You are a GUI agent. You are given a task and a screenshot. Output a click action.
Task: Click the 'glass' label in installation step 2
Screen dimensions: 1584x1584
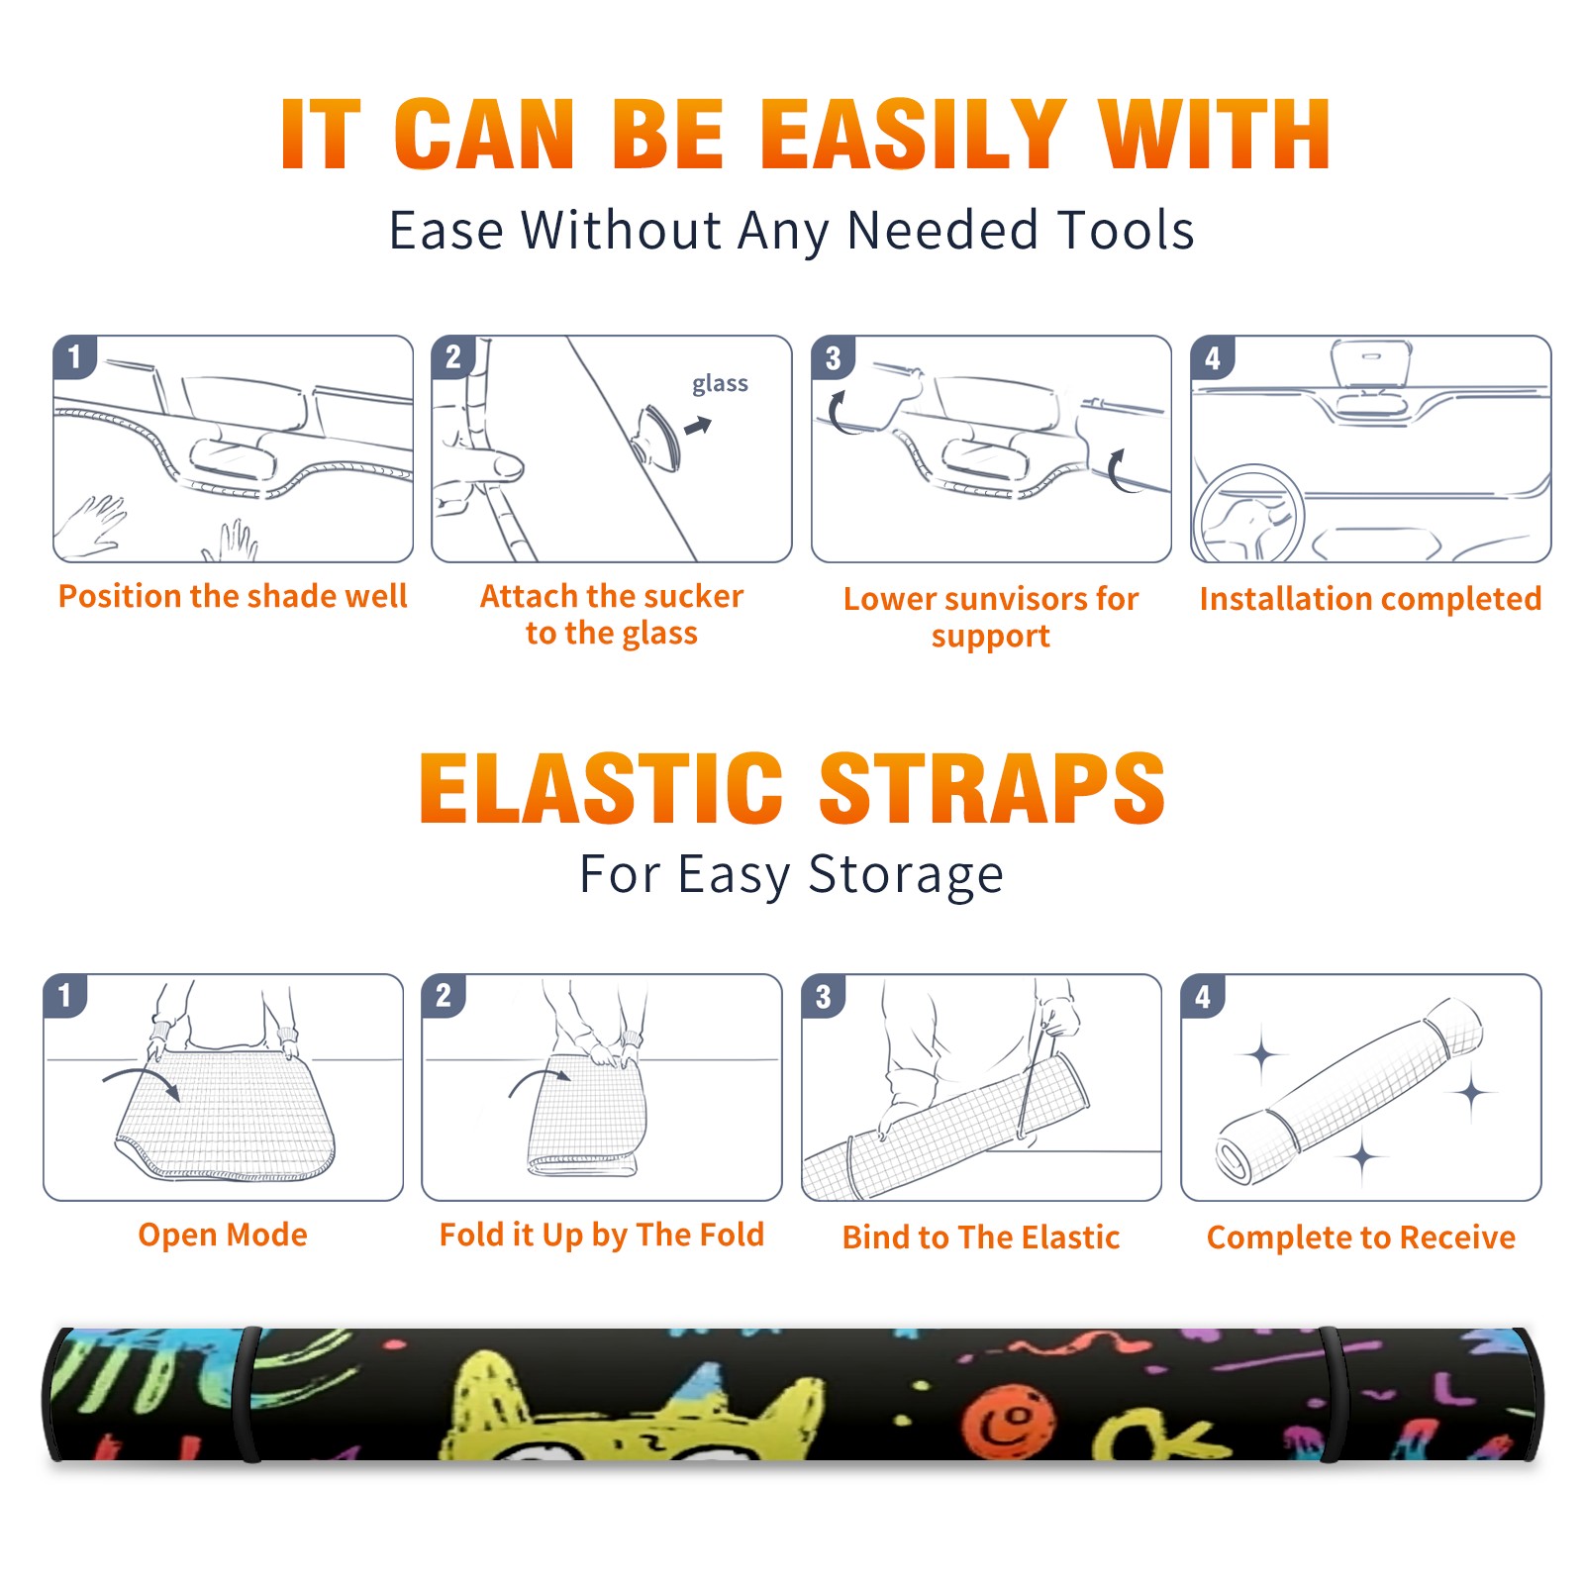point(720,384)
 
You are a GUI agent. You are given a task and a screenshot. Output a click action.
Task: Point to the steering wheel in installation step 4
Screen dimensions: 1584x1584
point(1247,513)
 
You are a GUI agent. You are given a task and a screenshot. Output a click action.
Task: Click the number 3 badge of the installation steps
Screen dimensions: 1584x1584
point(833,357)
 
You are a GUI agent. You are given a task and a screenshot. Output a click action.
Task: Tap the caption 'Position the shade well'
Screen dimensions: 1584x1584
point(233,596)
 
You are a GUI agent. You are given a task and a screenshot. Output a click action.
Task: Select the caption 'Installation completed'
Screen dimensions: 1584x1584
point(1370,599)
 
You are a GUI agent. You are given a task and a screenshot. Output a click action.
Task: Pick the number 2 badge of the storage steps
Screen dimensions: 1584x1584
point(444,995)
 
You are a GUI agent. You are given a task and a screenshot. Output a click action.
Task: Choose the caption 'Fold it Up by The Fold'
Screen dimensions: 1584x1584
point(602,1235)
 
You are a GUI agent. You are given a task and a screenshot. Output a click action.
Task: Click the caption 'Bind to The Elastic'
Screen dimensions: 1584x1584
point(981,1237)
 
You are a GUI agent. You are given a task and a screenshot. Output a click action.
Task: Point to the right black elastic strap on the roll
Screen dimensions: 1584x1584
point(1335,1394)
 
